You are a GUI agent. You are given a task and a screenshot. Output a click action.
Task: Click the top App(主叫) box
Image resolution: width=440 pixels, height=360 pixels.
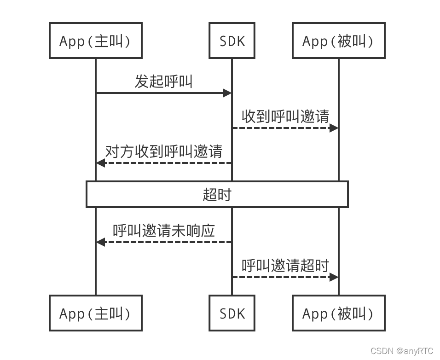tap(95, 41)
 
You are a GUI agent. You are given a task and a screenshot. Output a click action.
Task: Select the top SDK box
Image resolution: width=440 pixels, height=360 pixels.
tap(232, 41)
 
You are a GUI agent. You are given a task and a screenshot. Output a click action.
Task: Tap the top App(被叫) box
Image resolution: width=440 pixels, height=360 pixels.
tap(338, 41)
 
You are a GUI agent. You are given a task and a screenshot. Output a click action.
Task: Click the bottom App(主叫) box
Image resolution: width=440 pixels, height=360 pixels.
tap(95, 314)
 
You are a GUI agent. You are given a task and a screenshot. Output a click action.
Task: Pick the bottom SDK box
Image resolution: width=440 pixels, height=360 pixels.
tap(232, 314)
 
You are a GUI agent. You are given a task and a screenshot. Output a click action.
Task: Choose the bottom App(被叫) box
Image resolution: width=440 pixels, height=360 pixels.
tap(338, 314)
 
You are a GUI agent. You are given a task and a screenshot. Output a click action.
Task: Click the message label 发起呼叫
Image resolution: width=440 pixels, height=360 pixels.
tap(163, 81)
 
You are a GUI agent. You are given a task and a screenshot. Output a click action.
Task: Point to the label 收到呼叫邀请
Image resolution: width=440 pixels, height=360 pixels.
tap(285, 116)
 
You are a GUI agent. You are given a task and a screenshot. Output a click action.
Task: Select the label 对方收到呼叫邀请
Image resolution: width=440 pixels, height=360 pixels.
tap(163, 151)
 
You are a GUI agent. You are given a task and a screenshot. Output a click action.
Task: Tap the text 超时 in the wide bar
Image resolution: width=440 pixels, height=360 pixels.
tap(217, 194)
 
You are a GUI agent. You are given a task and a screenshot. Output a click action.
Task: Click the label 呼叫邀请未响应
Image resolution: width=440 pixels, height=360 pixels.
tap(163, 231)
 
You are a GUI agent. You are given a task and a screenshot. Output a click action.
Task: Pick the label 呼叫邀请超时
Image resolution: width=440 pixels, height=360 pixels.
tap(285, 266)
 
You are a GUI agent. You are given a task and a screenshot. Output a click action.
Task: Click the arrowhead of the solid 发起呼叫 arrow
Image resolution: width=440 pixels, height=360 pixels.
tap(227, 93)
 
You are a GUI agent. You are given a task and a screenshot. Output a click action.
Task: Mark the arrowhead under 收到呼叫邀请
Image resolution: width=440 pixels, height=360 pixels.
tap(334, 128)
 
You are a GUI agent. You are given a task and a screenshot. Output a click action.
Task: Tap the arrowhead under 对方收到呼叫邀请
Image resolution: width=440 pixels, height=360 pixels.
tap(100, 163)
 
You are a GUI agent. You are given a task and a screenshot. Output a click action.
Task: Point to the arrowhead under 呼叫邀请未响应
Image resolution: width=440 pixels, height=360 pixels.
tap(100, 242)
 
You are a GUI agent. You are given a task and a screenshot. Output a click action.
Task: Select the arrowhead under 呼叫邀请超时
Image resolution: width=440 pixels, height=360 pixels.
tap(334, 277)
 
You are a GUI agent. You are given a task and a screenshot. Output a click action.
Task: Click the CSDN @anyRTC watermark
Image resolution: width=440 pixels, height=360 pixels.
tap(401, 351)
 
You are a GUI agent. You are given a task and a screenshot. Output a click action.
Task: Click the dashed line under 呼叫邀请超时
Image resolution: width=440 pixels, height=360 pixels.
tap(281, 277)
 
